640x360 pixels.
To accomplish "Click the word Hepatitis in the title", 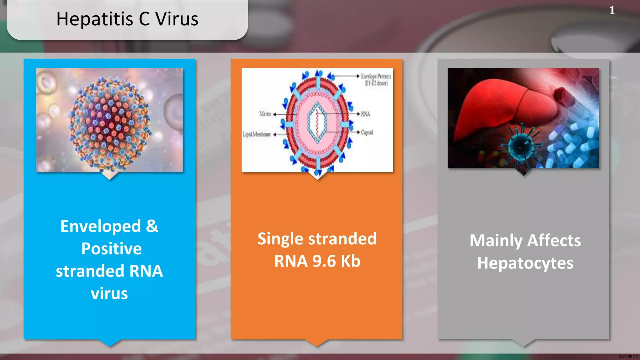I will [95, 19].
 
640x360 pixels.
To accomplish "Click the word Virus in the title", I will [177, 19].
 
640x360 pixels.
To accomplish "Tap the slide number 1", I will [612, 11].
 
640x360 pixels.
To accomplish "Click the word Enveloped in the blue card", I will [100, 226].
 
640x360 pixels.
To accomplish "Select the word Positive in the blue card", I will [111, 249].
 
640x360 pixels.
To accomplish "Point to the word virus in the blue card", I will [109, 294].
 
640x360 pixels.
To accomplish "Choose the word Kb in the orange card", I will [350, 261].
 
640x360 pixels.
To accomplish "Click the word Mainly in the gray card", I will [496, 241].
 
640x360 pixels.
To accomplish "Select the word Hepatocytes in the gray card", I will [525, 263].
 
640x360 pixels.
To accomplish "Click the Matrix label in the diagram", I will [265, 114].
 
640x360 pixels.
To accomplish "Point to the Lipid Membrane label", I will [257, 134].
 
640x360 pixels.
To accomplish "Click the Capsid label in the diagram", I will [367, 132].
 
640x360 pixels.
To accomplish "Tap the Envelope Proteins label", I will [376, 76].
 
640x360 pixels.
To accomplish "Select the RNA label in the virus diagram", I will [365, 114].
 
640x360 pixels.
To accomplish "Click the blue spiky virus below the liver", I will [520, 146].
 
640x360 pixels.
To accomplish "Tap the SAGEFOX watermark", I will [628, 357].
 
